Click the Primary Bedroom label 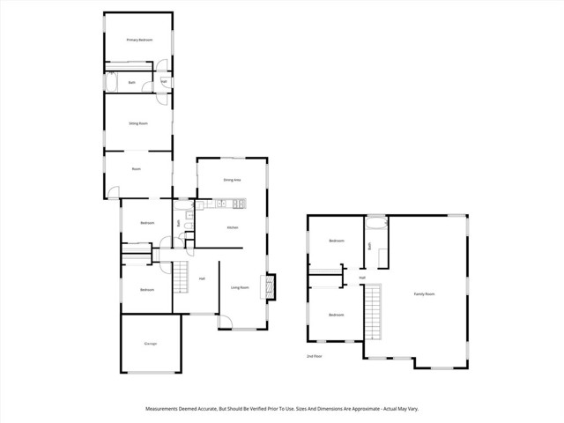[139, 41]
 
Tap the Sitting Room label [137, 124]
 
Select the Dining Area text [233, 180]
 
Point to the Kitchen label [233, 228]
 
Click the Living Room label [240, 287]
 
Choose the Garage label [151, 344]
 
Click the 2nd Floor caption [314, 356]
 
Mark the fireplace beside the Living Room [271, 286]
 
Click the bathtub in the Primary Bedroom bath [111, 83]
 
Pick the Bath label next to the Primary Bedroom [131, 83]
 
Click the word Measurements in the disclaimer [165, 409]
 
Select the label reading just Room [137, 169]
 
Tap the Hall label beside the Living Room [202, 279]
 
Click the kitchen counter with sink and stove [227, 205]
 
